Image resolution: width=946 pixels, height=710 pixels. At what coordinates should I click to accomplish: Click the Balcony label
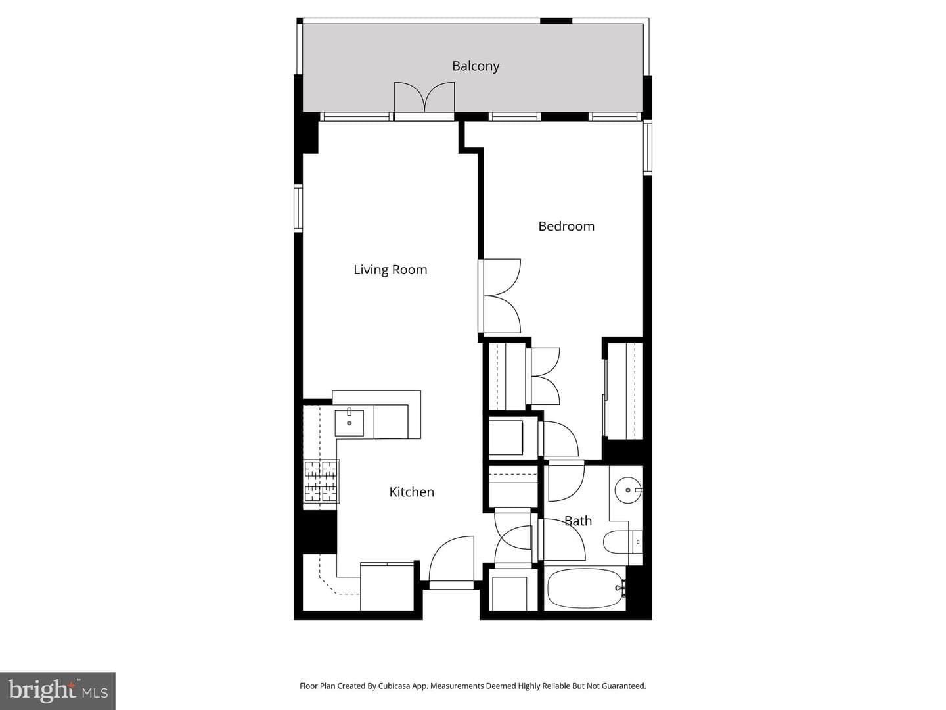click(x=476, y=66)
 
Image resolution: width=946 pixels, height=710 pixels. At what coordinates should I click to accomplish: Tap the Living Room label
click(x=390, y=270)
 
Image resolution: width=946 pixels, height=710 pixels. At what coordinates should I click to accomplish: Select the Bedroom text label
click(x=566, y=226)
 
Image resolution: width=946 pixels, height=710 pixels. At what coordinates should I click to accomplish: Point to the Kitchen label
click(x=412, y=492)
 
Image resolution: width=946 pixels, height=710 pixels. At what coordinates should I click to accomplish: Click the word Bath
click(x=578, y=521)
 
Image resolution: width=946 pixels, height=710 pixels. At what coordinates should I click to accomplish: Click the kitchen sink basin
click(x=349, y=423)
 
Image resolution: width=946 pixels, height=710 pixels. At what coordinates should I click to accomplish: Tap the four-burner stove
click(x=321, y=481)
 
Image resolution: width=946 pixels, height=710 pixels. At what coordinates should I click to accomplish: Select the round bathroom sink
click(x=628, y=490)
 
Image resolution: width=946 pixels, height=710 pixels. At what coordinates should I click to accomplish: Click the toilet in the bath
click(x=623, y=542)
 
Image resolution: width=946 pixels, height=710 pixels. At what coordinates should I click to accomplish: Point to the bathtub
click(x=585, y=588)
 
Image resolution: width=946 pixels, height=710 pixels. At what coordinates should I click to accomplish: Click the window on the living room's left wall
click(x=298, y=208)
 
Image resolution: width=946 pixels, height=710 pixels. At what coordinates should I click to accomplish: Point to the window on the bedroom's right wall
click(x=647, y=147)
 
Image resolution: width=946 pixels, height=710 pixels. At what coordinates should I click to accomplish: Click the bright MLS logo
click(x=58, y=691)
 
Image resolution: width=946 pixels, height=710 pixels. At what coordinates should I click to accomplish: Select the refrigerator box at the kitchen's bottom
click(x=387, y=586)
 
